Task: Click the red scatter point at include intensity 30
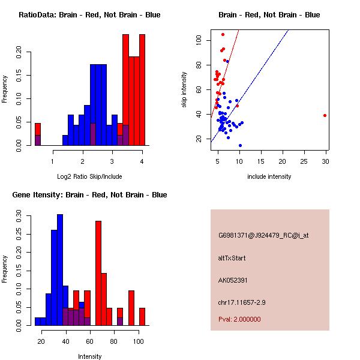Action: [x=325, y=115]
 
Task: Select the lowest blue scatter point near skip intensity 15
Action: [x=240, y=145]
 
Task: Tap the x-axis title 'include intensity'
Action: [x=269, y=176]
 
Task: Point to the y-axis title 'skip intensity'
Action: [x=184, y=90]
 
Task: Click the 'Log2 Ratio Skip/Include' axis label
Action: [x=89, y=176]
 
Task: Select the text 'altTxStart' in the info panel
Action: [x=232, y=258]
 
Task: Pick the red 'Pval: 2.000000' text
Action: [x=239, y=319]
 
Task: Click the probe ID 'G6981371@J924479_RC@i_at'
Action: [x=263, y=236]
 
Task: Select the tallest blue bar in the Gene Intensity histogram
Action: [x=60, y=270]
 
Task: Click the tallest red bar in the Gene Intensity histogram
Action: [x=98, y=273]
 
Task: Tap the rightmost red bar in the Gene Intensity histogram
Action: [x=142, y=316]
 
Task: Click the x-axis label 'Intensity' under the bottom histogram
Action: [x=90, y=356]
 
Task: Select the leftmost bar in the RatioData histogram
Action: [x=38, y=134]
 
